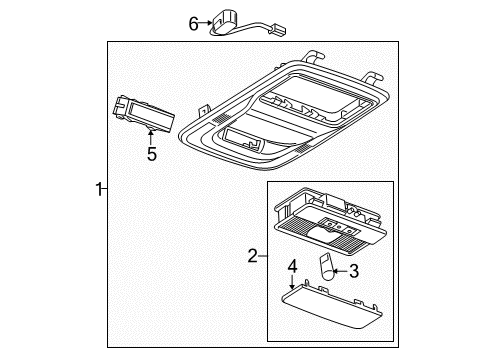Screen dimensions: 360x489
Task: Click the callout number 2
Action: click(x=251, y=256)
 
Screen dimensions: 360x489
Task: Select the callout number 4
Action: click(x=292, y=266)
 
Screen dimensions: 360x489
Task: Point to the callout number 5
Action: click(x=152, y=154)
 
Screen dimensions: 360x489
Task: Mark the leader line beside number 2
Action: click(x=262, y=256)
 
